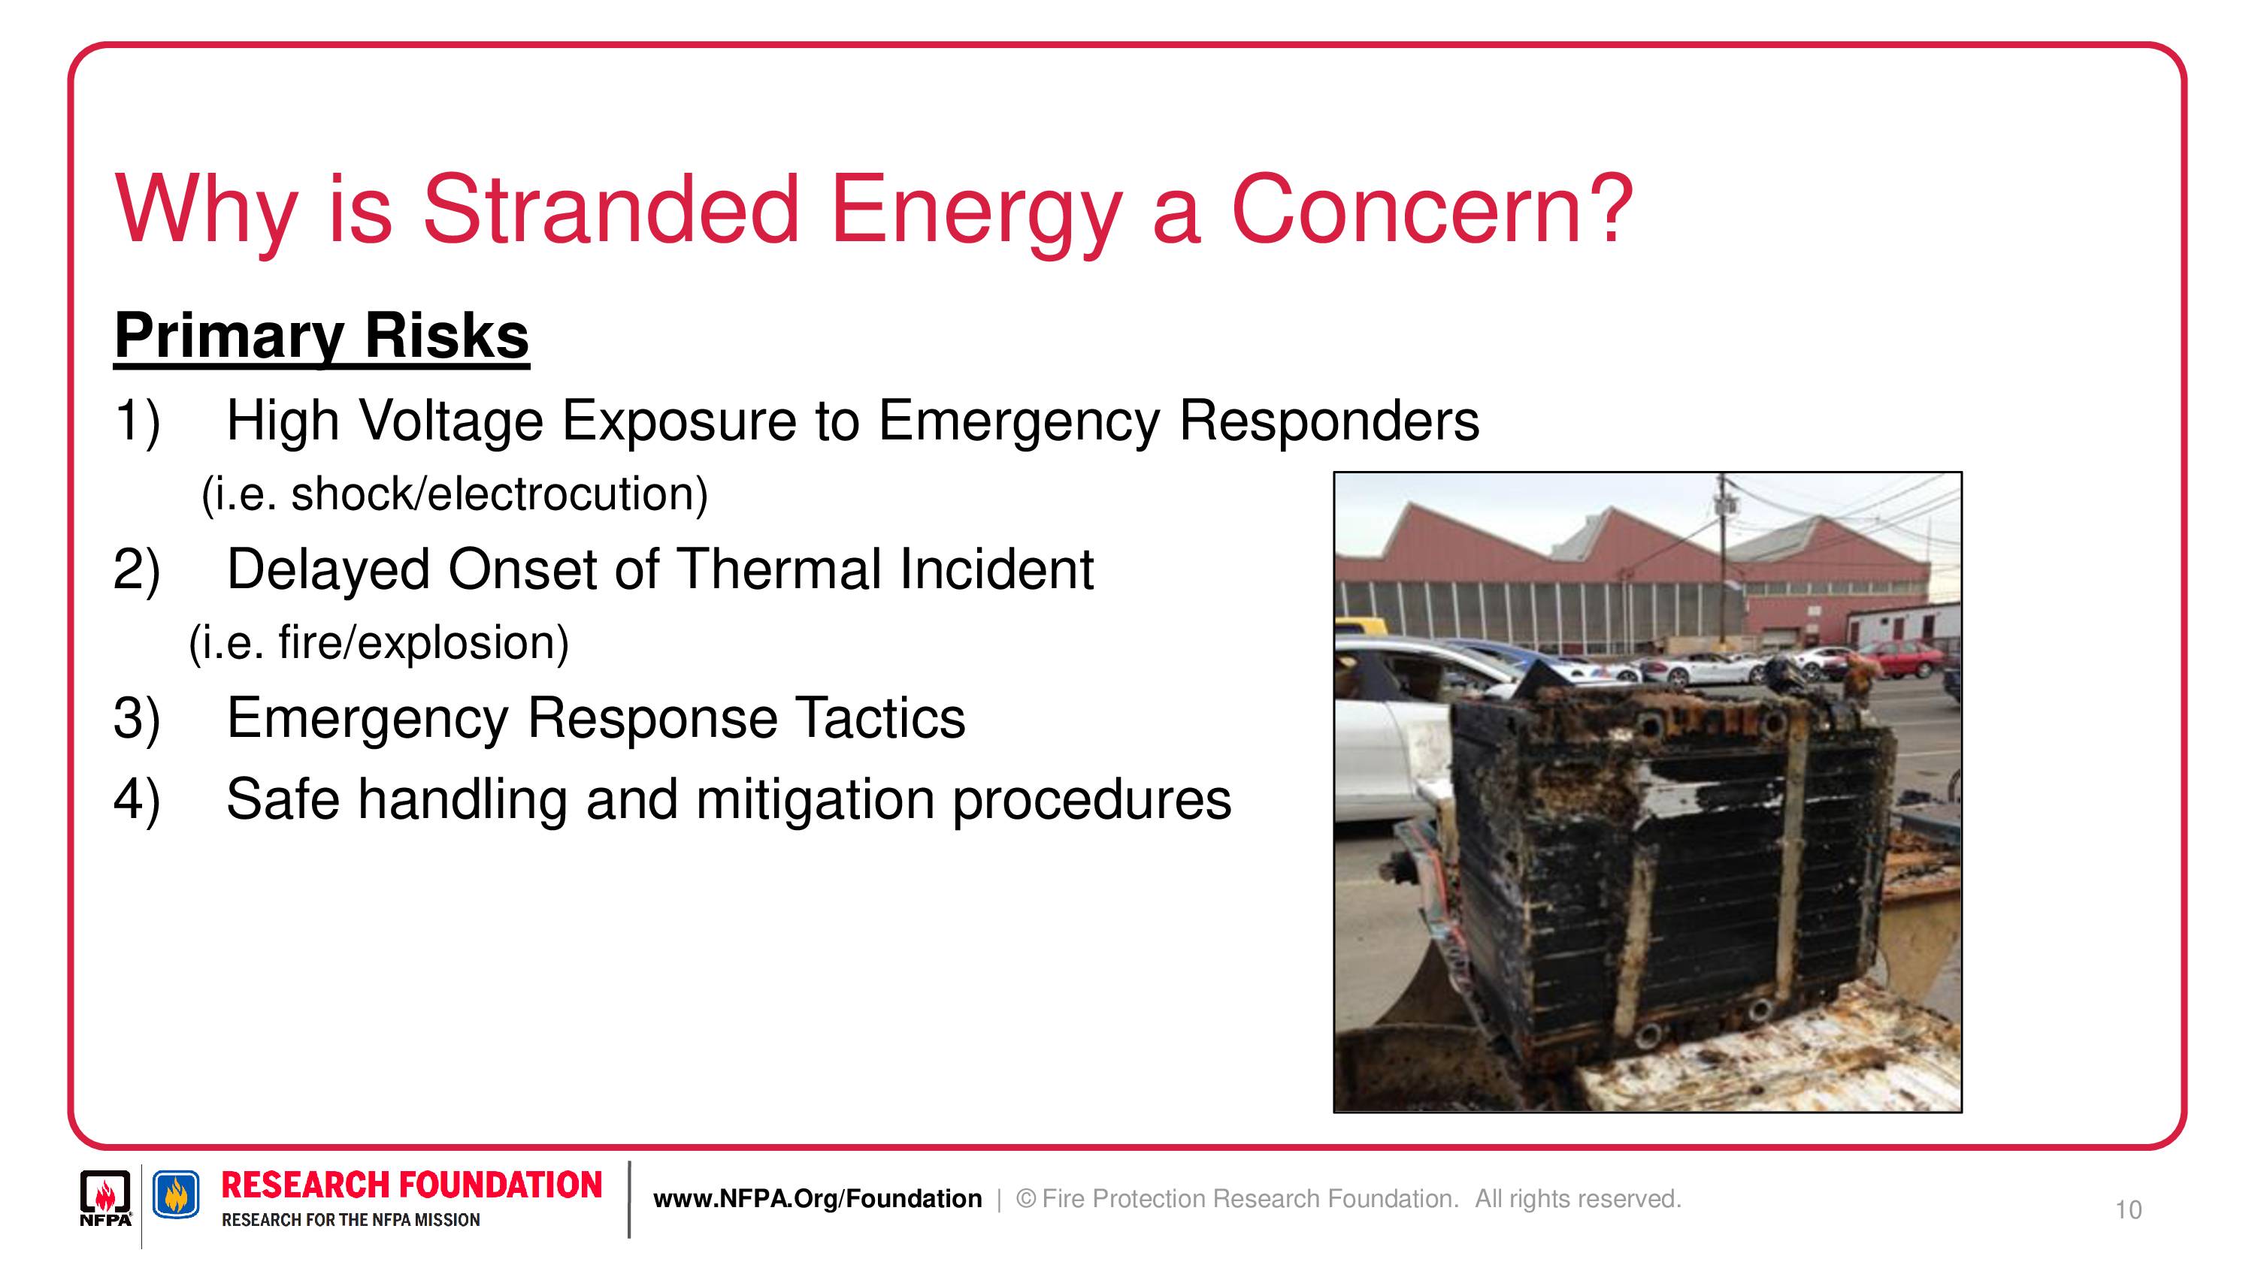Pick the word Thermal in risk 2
pyautogui.click(x=779, y=569)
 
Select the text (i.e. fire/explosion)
pyautogui.click(x=379, y=643)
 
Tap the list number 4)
pyautogui.click(x=137, y=800)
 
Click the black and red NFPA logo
pyautogui.click(x=106, y=1198)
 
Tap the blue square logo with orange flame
pyautogui.click(x=176, y=1194)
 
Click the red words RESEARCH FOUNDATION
pyautogui.click(x=411, y=1185)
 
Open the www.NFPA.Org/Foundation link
pyautogui.click(x=818, y=1199)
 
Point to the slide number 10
pyautogui.click(x=2129, y=1210)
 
